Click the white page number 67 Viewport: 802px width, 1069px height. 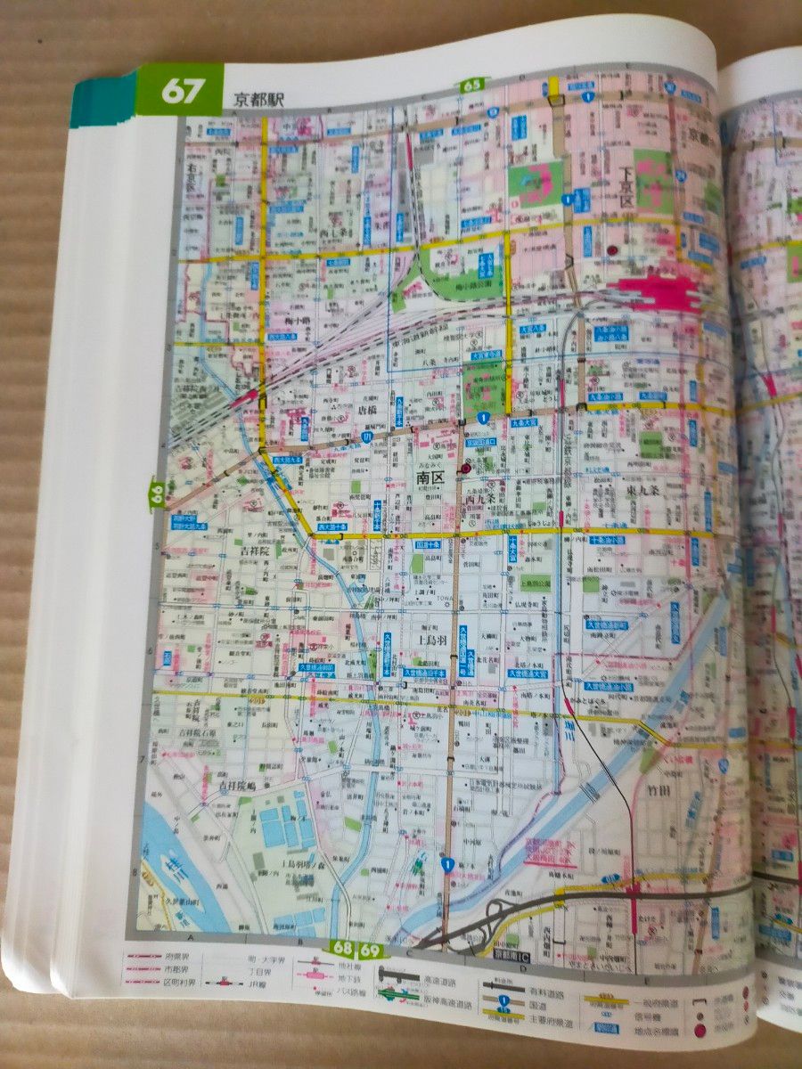[x=182, y=93]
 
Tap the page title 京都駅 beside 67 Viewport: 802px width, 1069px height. [x=258, y=100]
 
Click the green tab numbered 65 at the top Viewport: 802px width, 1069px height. [x=472, y=86]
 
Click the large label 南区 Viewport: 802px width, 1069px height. [x=430, y=478]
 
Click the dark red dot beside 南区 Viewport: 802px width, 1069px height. [x=464, y=468]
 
